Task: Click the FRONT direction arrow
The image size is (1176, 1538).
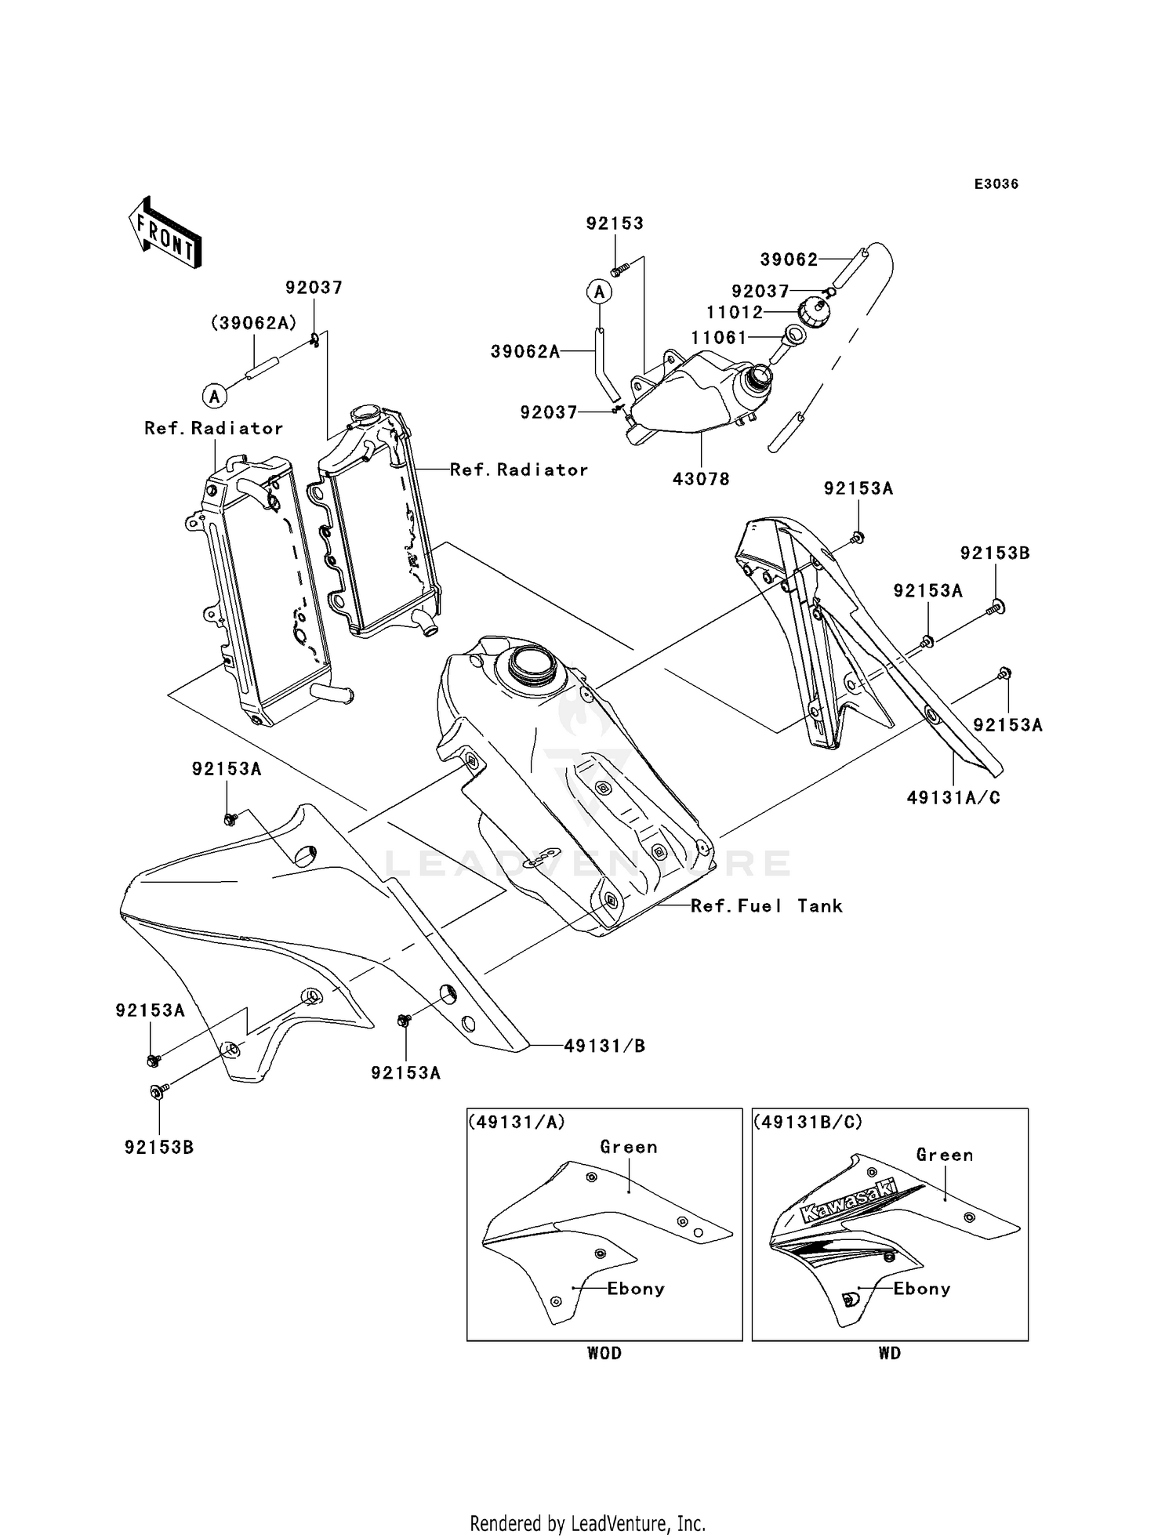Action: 165,233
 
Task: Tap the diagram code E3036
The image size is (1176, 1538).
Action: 996,184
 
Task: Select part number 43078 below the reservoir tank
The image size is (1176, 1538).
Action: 701,479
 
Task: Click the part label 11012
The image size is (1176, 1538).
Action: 735,313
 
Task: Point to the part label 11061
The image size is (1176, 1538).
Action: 719,338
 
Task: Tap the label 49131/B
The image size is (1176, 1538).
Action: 604,1046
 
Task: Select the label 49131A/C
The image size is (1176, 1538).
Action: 953,798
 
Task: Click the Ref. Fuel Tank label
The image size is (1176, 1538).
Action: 766,906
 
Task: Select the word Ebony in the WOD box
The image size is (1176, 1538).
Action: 635,1289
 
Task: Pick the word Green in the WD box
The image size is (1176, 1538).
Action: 945,1155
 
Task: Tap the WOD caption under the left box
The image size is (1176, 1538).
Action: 604,1353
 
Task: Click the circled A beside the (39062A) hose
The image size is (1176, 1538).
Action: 214,397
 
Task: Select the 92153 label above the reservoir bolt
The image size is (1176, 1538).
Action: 615,223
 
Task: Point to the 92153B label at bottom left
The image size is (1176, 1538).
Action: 159,1148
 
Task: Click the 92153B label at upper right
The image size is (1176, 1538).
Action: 995,553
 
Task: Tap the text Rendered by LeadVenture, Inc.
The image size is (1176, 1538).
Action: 587,1524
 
